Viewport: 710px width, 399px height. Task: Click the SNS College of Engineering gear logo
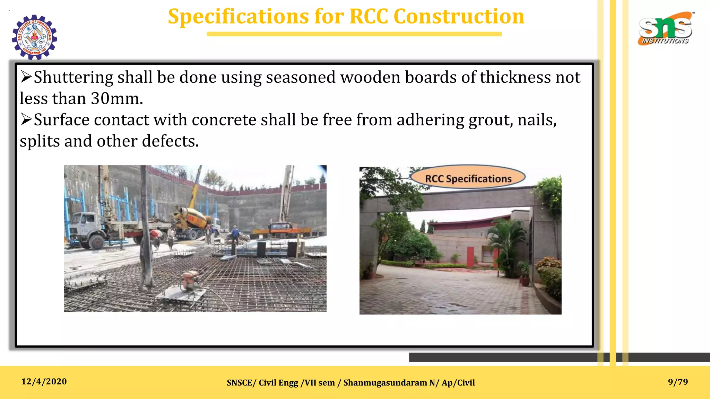34,37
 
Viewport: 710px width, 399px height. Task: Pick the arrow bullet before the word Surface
26,119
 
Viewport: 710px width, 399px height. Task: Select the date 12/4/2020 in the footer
44,382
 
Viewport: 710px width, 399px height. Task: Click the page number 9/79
678,382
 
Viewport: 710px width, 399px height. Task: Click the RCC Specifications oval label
468,178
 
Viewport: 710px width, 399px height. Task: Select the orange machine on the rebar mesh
189,280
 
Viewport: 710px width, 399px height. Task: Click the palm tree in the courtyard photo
506,242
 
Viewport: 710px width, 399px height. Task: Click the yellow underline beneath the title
354,34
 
